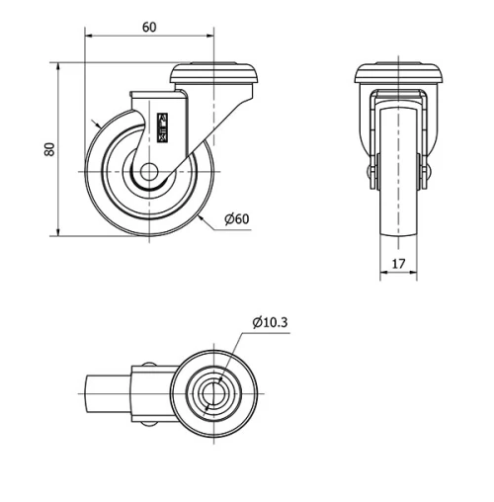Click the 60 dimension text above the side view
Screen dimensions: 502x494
click(148, 27)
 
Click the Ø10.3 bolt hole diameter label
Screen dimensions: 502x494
click(270, 321)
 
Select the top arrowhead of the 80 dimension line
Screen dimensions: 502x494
click(60, 67)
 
